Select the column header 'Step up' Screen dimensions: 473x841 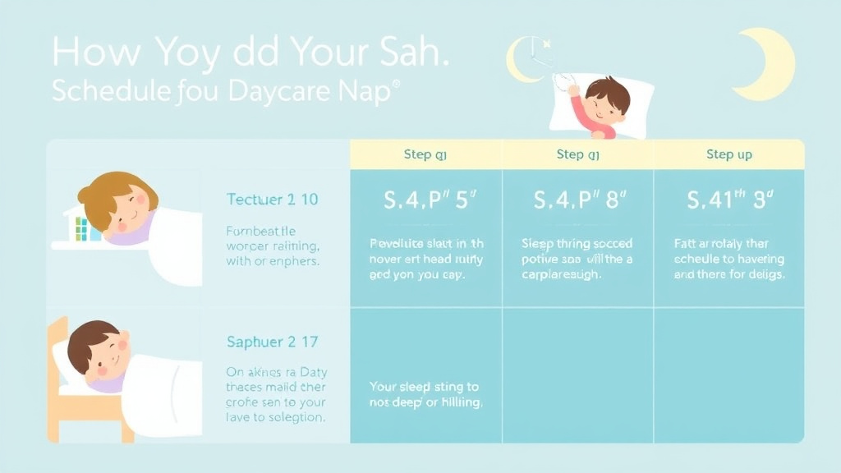[728, 154]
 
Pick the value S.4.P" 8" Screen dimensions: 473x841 [579, 200]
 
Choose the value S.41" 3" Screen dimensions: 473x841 [728, 200]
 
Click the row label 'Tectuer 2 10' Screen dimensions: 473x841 [272, 200]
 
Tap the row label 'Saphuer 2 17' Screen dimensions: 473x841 [272, 342]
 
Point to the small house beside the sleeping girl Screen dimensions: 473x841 [80, 224]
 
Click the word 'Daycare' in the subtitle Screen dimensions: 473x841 [271, 91]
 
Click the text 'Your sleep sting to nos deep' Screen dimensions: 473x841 [425, 394]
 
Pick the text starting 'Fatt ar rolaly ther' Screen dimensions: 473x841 [728, 259]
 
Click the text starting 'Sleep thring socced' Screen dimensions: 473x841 [577, 259]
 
